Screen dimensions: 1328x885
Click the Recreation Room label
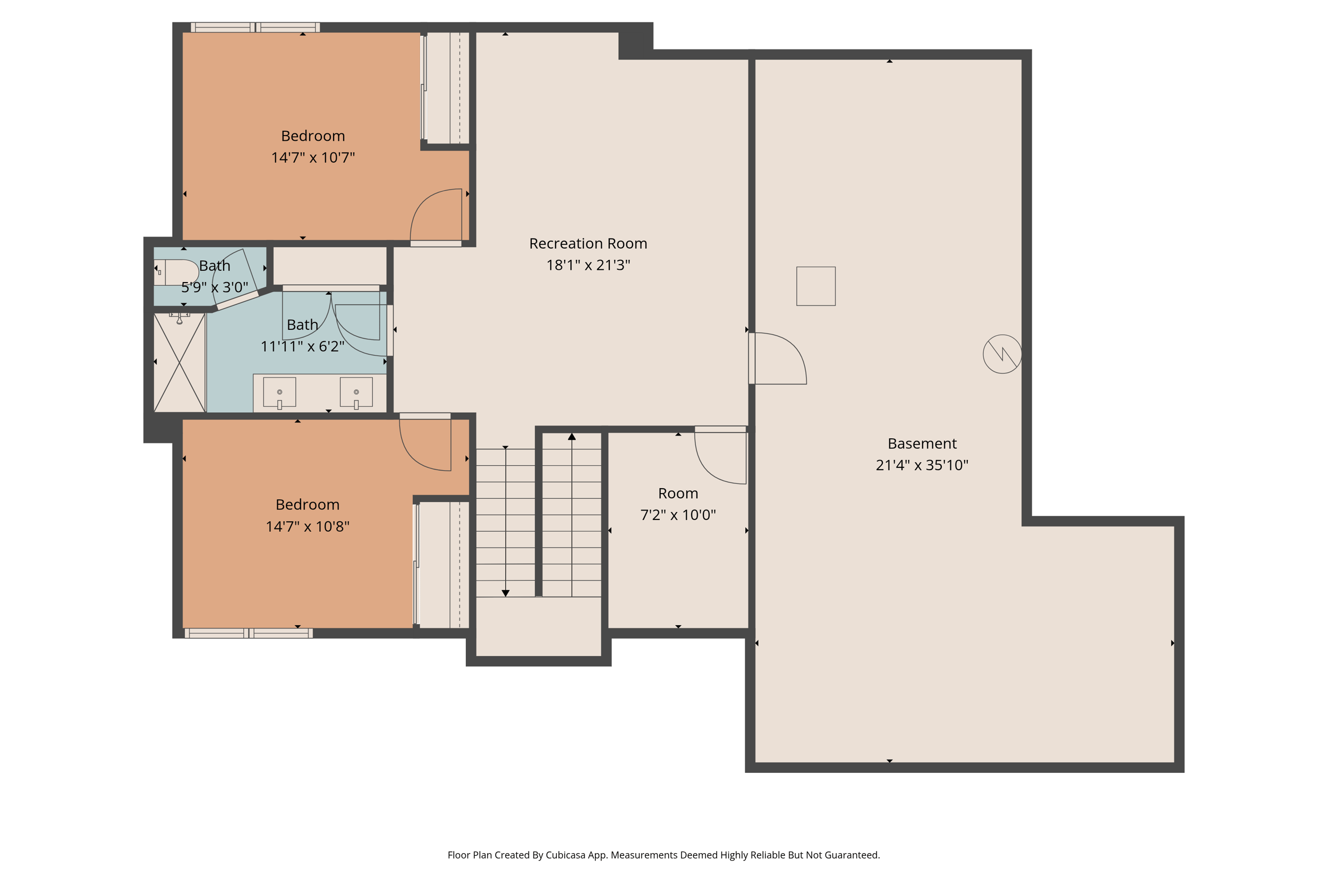pos(588,243)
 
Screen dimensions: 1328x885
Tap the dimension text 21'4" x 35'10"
pos(922,465)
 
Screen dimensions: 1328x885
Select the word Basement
pos(922,444)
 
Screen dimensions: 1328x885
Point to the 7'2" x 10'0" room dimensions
pos(678,515)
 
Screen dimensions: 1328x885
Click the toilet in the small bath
pos(175,272)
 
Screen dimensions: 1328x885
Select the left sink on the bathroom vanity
pos(279,392)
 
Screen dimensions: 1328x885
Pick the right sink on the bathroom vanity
pos(356,392)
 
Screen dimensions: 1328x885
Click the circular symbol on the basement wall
pos(1002,354)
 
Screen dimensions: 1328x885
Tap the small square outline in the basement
pos(815,286)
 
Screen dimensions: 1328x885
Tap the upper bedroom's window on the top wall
pos(255,27)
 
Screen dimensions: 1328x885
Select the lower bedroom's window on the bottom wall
pos(248,633)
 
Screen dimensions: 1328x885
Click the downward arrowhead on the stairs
pos(505,593)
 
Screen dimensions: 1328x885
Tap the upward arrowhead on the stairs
pos(572,436)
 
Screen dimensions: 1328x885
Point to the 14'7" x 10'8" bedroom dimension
pos(308,526)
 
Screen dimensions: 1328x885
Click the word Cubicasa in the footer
pos(566,855)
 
